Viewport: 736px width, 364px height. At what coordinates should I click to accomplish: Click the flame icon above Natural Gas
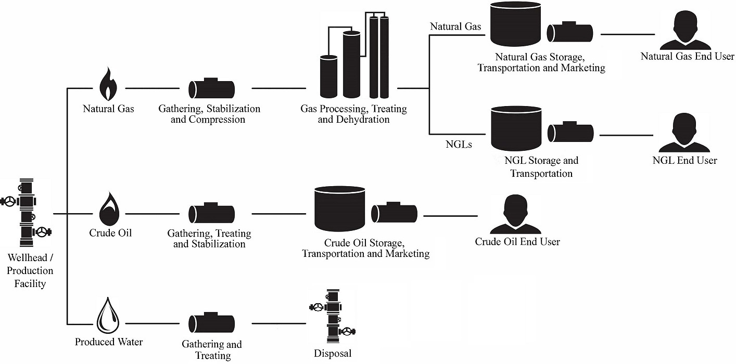coord(108,84)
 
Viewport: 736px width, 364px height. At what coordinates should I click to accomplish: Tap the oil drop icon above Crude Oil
coord(109,208)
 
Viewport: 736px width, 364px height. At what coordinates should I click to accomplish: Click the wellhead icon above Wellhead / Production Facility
coord(27,213)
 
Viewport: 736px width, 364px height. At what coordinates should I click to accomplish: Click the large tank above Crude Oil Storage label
coord(339,209)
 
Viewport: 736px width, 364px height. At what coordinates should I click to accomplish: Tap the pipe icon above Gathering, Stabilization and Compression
coord(211,88)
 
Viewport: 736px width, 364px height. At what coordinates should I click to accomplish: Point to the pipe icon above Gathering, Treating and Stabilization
coord(211,213)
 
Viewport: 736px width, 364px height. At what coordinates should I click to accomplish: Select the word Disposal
coord(333,354)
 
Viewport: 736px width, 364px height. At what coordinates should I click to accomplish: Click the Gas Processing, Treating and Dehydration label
coord(354,114)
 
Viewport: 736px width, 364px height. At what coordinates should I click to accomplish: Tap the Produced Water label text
coord(109,342)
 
